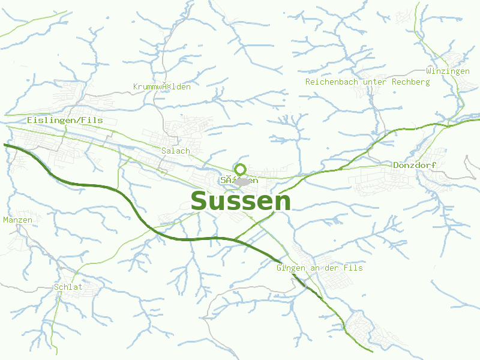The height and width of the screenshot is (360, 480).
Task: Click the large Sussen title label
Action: (x=241, y=202)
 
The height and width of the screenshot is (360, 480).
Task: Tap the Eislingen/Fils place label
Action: (x=65, y=121)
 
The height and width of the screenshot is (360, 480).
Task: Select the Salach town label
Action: (x=175, y=151)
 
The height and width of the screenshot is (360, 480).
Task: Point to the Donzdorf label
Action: (x=414, y=165)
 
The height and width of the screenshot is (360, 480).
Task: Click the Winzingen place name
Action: (x=448, y=71)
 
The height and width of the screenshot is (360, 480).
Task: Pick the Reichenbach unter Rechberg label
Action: (x=367, y=82)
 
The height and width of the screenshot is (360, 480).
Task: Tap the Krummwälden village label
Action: (x=161, y=87)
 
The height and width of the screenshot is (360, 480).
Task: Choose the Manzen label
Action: (x=17, y=220)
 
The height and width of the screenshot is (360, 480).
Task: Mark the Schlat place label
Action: (x=68, y=287)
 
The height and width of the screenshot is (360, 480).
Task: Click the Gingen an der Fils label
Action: (x=319, y=268)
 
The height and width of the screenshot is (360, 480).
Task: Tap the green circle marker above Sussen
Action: (x=241, y=169)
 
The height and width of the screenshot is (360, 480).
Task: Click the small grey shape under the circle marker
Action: (x=242, y=181)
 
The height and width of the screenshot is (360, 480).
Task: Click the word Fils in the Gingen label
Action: (x=354, y=268)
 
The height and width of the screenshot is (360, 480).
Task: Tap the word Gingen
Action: (x=289, y=268)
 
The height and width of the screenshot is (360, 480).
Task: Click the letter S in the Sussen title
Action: (x=200, y=202)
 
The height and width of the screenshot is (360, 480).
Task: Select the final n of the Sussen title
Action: (x=283, y=203)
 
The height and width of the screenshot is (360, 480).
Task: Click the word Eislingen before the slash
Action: (x=50, y=121)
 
